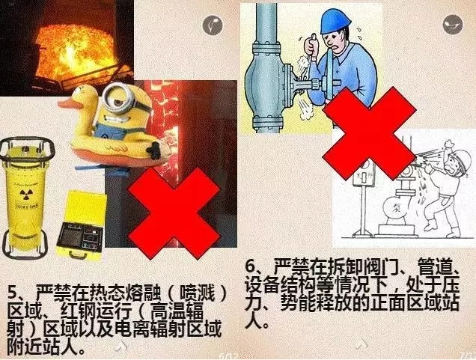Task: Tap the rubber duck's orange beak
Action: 66,104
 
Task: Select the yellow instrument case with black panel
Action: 81,226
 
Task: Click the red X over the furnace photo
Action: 174,214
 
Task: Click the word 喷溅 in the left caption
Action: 198,293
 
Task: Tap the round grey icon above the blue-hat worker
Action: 452,24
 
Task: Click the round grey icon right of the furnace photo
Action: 213,25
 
